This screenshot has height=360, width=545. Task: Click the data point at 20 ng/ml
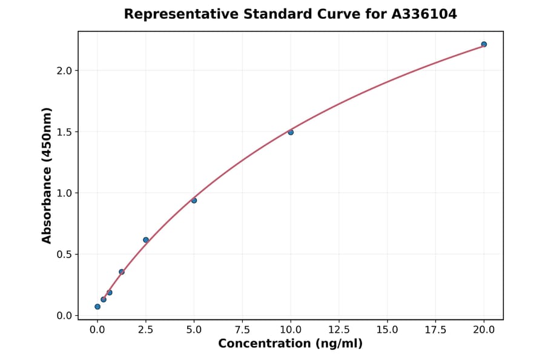(484, 44)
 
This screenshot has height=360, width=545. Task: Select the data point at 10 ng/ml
(291, 132)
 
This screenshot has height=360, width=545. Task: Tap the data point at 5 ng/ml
(194, 201)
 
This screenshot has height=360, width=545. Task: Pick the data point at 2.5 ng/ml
(146, 240)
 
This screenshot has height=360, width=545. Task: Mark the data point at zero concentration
(97, 307)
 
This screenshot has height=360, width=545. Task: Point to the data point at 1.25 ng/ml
(122, 272)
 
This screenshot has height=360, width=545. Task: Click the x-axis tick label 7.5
(242, 330)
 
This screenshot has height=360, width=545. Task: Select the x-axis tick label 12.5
(339, 330)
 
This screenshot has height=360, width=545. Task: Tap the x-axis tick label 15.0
(387, 330)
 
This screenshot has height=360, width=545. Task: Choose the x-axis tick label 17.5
(435, 330)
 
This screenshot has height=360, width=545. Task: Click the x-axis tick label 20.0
(484, 330)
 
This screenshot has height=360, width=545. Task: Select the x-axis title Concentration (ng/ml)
(290, 344)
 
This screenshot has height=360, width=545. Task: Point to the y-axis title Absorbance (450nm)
(47, 176)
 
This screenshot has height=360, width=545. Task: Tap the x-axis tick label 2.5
(146, 330)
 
